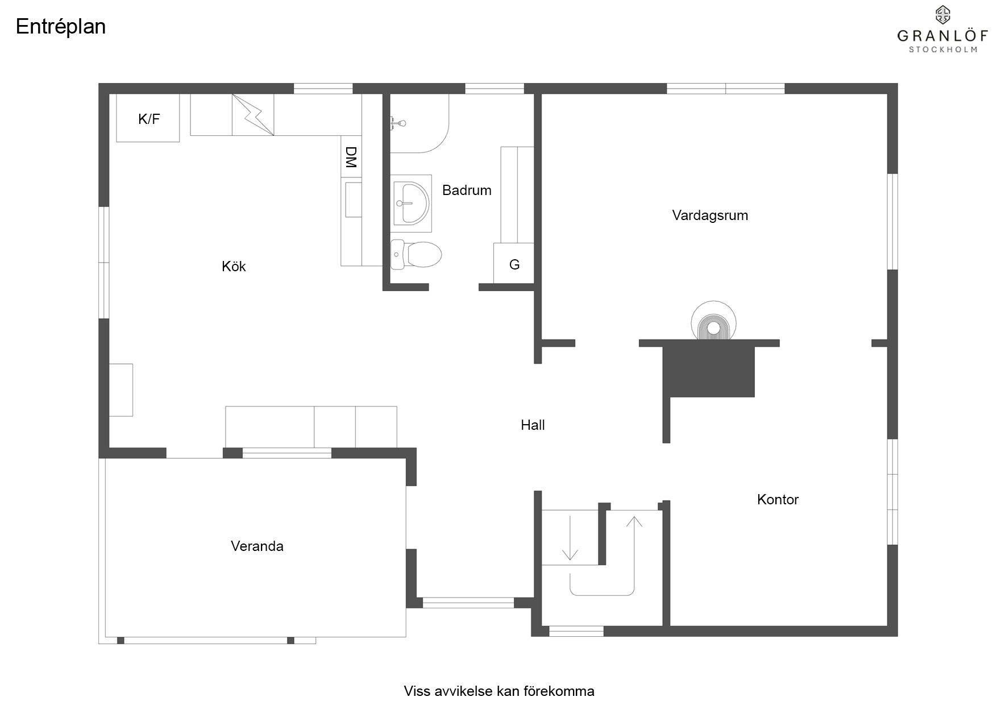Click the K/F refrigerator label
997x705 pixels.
[149, 119]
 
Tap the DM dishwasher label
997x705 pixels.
[351, 157]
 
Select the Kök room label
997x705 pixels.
[234, 266]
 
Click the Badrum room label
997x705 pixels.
[467, 190]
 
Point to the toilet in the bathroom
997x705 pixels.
[416, 254]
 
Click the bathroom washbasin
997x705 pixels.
[410, 203]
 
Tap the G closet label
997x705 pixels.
[514, 264]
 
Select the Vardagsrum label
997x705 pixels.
[710, 215]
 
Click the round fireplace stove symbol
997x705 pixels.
[713, 321]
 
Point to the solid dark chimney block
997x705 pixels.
[709, 372]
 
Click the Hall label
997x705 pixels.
[533, 425]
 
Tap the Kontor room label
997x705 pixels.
[778, 499]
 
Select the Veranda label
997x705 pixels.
[257, 546]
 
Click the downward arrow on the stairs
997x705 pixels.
[570, 538]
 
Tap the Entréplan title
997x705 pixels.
[61, 27]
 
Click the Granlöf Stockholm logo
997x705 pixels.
[943, 30]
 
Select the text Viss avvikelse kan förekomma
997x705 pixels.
[499, 691]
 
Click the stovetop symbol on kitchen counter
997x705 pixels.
[253, 115]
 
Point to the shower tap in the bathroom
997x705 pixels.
[398, 122]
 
